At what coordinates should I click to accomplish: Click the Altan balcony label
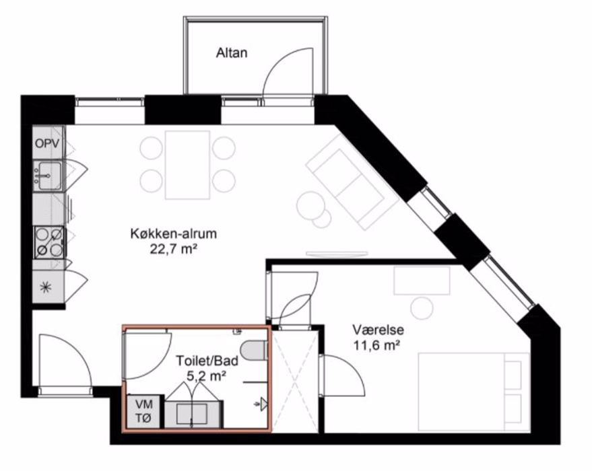[x=232, y=52]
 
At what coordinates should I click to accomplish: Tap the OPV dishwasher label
[x=47, y=143]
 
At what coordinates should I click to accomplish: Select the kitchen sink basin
[x=48, y=176]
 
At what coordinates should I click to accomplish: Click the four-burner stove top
[x=49, y=242]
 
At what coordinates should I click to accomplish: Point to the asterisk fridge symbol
[x=46, y=288]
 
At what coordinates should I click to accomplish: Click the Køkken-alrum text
[x=174, y=233]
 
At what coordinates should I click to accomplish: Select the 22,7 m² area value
[x=174, y=249]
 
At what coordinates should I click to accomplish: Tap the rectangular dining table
[x=187, y=165]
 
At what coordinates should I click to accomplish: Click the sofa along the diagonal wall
[x=351, y=183]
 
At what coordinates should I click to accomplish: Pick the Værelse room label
[x=379, y=330]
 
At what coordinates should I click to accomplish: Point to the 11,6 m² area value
[x=376, y=345]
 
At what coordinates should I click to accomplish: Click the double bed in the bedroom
[x=474, y=392]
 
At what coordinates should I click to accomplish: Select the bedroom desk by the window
[x=422, y=281]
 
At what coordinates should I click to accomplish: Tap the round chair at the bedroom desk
[x=422, y=307]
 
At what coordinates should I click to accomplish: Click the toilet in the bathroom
[x=254, y=351]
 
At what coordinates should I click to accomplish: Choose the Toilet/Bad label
[x=207, y=361]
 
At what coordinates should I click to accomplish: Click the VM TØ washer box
[x=144, y=411]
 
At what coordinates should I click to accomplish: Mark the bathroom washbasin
[x=193, y=414]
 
